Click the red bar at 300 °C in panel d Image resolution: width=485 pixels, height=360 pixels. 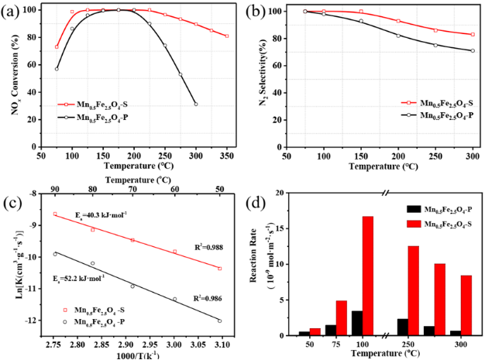[x=466, y=305]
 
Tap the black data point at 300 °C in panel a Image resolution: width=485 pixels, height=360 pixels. [x=195, y=104]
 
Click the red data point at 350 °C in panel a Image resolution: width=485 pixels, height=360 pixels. [x=226, y=36]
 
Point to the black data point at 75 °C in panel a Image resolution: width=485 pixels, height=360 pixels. [x=57, y=69]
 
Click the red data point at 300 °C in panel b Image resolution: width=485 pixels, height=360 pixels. [x=472, y=34]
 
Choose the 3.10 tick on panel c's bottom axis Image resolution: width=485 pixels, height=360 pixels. [x=221, y=348]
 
